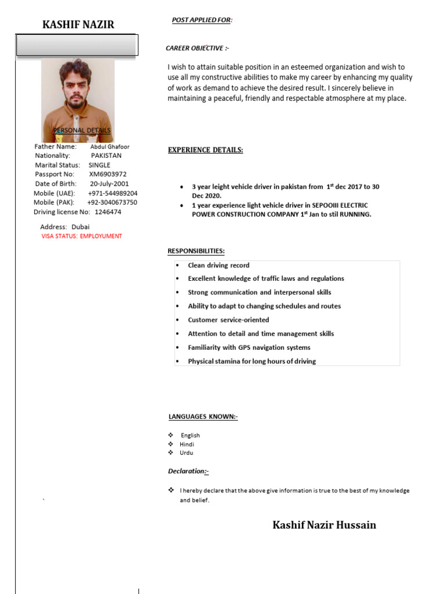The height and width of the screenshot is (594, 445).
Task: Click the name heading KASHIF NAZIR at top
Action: click(78, 24)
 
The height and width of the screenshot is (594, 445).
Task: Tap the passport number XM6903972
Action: click(108, 174)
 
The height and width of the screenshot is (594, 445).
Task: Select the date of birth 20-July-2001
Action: click(110, 184)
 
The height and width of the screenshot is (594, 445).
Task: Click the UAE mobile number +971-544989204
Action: click(112, 193)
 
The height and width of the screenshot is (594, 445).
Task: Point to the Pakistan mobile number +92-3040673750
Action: click(112, 202)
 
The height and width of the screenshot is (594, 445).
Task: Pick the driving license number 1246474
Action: click(108, 212)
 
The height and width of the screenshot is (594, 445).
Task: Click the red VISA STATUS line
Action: click(82, 236)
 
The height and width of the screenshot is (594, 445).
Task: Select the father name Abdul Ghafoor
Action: click(110, 147)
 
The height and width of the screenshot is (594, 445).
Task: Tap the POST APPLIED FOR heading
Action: click(202, 20)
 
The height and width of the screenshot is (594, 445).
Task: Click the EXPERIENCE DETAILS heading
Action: click(205, 150)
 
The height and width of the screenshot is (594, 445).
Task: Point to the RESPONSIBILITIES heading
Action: click(196, 251)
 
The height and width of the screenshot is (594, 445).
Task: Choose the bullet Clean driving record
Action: click(218, 265)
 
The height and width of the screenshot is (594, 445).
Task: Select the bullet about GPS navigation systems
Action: click(249, 347)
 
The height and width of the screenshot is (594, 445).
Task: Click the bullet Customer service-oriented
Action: click(228, 320)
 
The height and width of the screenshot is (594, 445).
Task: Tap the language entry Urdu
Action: click(186, 452)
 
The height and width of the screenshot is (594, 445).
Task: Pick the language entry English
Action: click(190, 435)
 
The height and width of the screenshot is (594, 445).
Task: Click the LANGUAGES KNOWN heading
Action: click(203, 416)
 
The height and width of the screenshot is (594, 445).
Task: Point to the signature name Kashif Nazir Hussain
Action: click(324, 525)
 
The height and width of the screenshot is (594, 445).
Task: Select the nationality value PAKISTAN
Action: click(106, 155)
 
